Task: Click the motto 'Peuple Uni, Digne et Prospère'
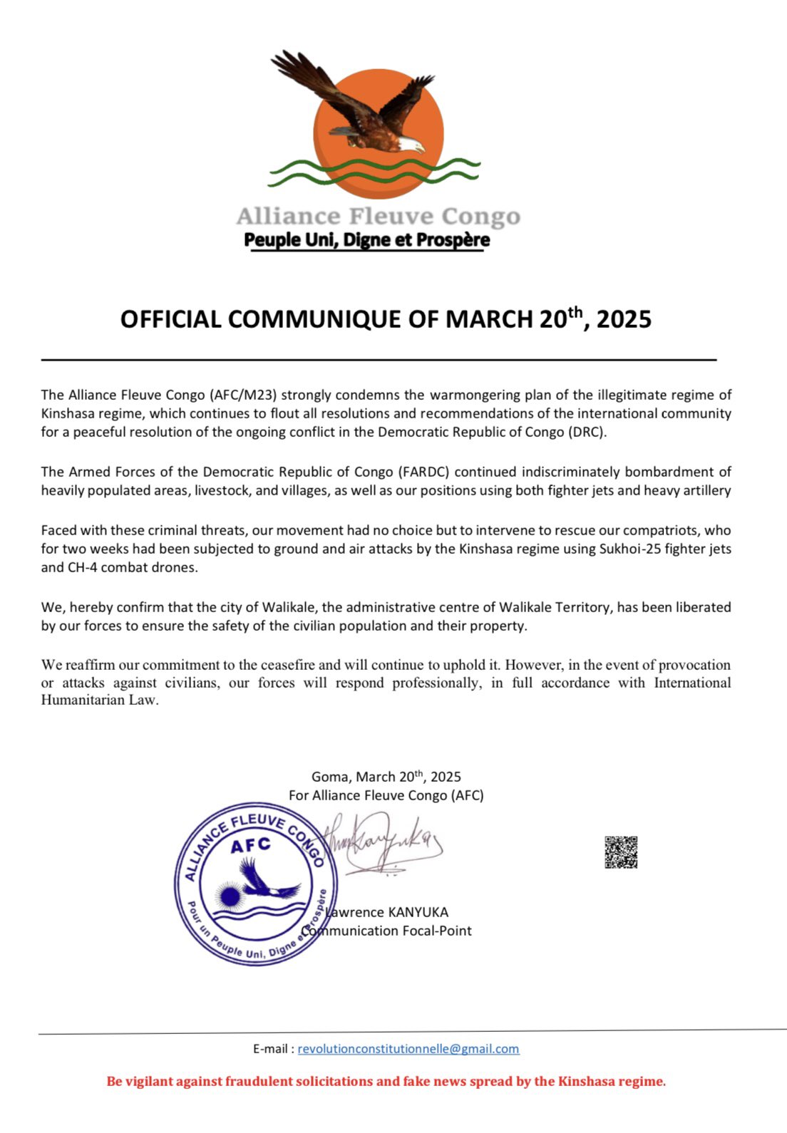coord(366,240)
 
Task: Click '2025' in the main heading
coord(624,319)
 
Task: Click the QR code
coord(621,852)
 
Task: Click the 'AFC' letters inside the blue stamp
coord(251,845)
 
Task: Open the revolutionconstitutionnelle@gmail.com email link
coord(408,1049)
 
